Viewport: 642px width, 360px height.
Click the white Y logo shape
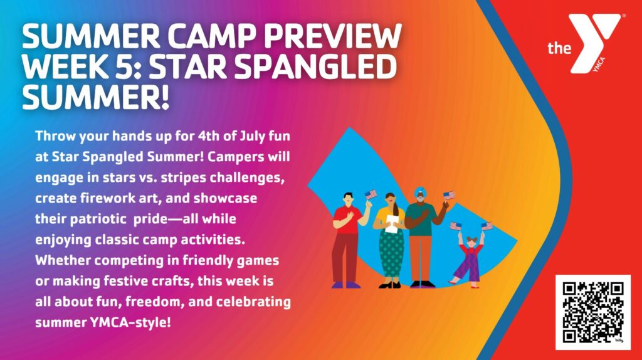pyautogui.click(x=596, y=43)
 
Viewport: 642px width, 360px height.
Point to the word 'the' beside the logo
pyautogui.click(x=559, y=48)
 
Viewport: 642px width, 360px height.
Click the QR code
pyautogui.click(x=593, y=312)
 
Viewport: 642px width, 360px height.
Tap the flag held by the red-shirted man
pyautogui.click(x=371, y=194)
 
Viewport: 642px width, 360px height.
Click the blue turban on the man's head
pyautogui.click(x=420, y=191)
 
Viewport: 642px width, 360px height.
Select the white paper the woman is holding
pyautogui.click(x=392, y=224)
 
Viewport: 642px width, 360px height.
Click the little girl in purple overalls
pyautogui.click(x=469, y=259)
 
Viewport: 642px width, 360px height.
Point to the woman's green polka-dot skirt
pyautogui.click(x=391, y=253)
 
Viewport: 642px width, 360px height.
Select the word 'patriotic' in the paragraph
pyautogui.click(x=98, y=219)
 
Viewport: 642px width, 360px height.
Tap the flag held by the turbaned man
pyautogui.click(x=449, y=195)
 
